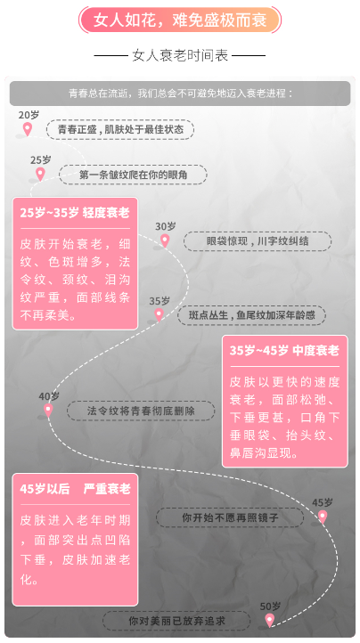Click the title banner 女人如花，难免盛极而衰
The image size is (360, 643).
click(180, 20)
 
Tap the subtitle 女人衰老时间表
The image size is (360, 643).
click(180, 55)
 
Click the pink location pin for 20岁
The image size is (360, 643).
click(27, 129)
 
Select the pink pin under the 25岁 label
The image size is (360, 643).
click(40, 174)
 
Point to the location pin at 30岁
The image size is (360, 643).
click(165, 240)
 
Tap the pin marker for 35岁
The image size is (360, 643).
click(159, 315)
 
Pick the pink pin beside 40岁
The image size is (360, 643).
click(48, 410)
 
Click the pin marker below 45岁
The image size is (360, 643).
click(323, 517)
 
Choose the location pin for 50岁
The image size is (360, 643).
click(269, 620)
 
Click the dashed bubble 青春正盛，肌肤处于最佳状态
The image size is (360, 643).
click(120, 130)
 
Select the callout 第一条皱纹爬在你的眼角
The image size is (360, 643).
click(133, 175)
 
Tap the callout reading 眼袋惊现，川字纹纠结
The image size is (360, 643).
click(258, 241)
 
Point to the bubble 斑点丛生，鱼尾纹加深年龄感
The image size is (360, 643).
click(251, 315)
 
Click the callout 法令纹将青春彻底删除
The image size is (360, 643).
click(141, 411)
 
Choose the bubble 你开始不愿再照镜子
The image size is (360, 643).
click(230, 517)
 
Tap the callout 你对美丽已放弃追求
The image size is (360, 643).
click(176, 621)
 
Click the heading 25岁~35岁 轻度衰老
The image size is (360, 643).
click(75, 213)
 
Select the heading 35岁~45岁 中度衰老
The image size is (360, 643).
click(284, 351)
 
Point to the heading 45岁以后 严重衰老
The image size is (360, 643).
click(75, 489)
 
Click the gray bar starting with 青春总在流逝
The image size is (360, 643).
click(180, 94)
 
